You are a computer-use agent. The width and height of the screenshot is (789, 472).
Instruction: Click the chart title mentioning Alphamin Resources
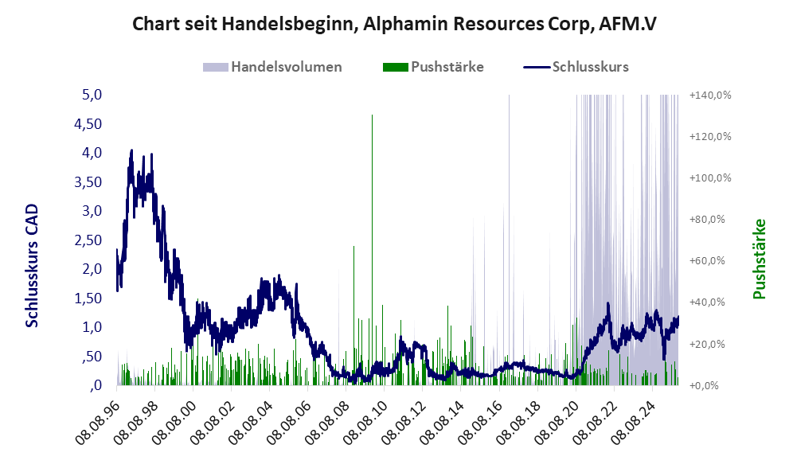coord(394,24)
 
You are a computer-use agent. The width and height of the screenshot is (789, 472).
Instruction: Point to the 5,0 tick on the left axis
coord(93,96)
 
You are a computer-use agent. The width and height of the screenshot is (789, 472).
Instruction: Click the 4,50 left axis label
coord(89,124)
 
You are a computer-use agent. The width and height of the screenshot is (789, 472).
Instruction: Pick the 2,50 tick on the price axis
coord(89,240)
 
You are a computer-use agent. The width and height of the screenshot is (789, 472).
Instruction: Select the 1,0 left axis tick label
coord(93,327)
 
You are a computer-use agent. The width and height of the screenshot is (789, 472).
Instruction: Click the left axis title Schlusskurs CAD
coord(33,265)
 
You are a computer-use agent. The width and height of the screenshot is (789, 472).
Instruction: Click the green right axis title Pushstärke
coord(759,259)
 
